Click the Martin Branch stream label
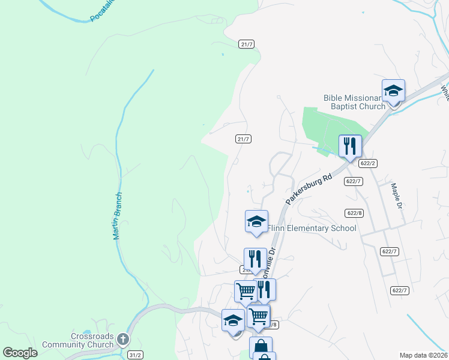point(118,216)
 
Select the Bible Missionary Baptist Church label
point(354,102)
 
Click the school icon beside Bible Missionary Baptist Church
point(393,91)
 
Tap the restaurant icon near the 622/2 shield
point(350,146)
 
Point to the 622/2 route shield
point(368,163)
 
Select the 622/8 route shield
point(354,213)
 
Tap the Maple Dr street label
point(398,196)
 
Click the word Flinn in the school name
point(277,228)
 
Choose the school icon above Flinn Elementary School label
point(256,221)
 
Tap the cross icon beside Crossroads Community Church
point(122,340)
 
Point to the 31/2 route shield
point(135,355)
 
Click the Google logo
point(20,352)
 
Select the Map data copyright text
point(423,355)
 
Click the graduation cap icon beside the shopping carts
point(232,320)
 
